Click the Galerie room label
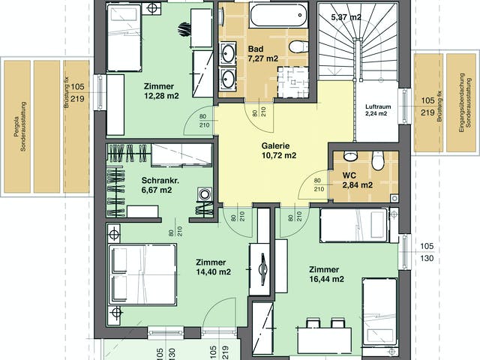click(275, 145)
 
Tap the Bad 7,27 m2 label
click(263, 53)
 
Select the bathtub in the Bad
click(278, 15)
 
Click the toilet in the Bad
click(298, 46)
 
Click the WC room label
click(349, 175)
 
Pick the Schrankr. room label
click(160, 180)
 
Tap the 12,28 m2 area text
click(161, 96)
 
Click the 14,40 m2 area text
click(213, 271)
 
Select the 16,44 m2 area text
click(326, 279)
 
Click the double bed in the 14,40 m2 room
click(142, 274)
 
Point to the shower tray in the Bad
click(293, 82)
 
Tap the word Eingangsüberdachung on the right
click(462, 103)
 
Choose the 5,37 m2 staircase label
click(346, 17)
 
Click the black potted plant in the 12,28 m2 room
click(184, 29)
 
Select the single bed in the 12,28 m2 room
click(124, 38)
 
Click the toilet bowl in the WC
click(378, 160)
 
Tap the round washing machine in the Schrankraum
click(204, 194)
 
